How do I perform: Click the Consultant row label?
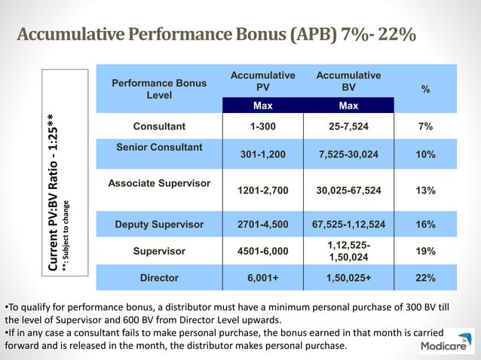coord(158,127)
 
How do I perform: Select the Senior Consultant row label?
coord(159,147)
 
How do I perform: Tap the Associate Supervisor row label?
coord(158,183)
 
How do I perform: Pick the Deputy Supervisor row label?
coord(159,224)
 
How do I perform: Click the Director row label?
coord(159,278)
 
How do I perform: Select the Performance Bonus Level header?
coord(159,89)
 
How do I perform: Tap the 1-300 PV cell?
coord(262,127)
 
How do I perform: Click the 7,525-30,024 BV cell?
coord(348,154)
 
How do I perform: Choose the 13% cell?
coord(425,191)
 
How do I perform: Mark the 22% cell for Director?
coord(425,278)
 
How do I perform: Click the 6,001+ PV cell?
coord(262,278)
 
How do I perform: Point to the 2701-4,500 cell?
coord(262,224)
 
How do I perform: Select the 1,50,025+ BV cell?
coord(348,278)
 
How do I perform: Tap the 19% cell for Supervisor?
coord(425,252)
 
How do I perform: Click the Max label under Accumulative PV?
coord(262,105)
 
